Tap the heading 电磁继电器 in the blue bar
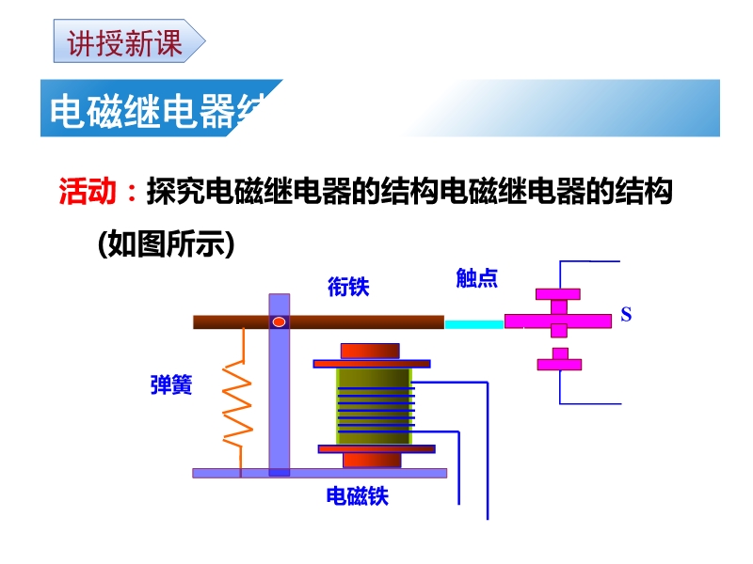pyautogui.click(x=155, y=110)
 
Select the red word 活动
pyautogui.click(x=88, y=193)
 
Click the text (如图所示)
pyautogui.click(x=165, y=244)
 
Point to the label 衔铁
pyautogui.click(x=347, y=287)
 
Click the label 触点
pyautogui.click(x=476, y=277)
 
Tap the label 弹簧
pyautogui.click(x=170, y=384)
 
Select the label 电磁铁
pyautogui.click(x=357, y=495)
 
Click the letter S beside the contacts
pyautogui.click(x=626, y=314)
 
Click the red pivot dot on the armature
pyautogui.click(x=279, y=321)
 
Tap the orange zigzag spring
pyautogui.click(x=237, y=404)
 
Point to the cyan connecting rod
pyautogui.click(x=473, y=323)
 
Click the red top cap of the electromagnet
pyautogui.click(x=370, y=351)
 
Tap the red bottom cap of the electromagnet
pyautogui.click(x=371, y=460)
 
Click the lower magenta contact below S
pyautogui.click(x=560, y=361)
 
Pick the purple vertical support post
pyautogui.click(x=279, y=404)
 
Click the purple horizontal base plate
pyautogui.click(x=320, y=473)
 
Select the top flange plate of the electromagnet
pyautogui.click(x=371, y=363)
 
